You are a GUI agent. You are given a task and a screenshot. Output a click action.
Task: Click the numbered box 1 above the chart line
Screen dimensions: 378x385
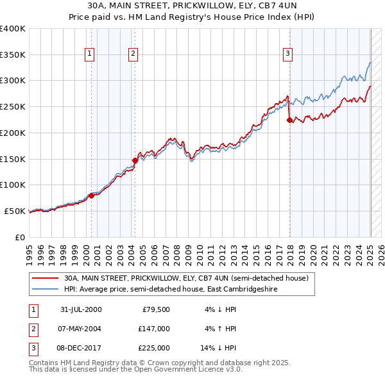[89, 54]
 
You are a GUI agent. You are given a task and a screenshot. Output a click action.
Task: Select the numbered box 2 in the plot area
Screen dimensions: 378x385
[133, 54]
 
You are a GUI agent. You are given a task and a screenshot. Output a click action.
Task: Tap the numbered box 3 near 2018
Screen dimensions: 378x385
[288, 54]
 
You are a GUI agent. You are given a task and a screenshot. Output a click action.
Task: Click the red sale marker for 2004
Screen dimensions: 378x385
[135, 160]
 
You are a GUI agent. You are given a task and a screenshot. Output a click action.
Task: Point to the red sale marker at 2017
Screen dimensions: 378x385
[289, 119]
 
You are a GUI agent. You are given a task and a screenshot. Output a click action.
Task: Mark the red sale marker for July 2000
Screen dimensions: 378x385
[92, 196]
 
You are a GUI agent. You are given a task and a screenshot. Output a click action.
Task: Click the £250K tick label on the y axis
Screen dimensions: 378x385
[12, 107]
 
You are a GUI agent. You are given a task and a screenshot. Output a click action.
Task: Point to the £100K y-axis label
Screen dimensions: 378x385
[12, 185]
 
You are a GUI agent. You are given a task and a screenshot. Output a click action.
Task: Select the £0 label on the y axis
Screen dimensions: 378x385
[19, 237]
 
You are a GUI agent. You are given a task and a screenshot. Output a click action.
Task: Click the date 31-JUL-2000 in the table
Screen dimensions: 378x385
[80, 309]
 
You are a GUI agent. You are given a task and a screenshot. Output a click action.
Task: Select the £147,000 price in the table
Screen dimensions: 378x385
[153, 329]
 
